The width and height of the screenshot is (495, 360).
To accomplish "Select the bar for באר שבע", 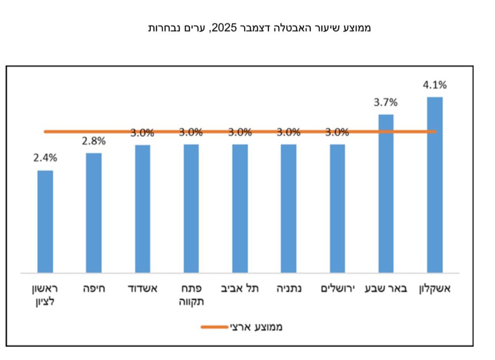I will coord(386,193).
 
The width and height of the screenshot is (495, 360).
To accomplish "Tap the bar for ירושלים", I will coord(337,208).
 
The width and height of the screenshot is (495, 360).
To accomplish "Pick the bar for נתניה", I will coord(289,208).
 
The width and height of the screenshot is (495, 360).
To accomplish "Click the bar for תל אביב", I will coord(240,208).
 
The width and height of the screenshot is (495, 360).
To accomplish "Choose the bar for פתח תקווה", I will coord(191,208).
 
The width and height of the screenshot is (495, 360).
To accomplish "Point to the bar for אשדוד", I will coord(143,208).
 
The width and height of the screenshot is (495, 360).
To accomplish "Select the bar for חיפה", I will coord(94,213).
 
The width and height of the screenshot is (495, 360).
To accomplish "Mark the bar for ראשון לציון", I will coord(45,221).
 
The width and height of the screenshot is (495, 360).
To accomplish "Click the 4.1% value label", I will coord(435,85).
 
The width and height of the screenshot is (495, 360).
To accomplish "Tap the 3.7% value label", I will coord(386,102).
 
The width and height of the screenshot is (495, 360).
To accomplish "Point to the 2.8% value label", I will coord(94,141).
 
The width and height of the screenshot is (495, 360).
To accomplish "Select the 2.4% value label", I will coord(45,158).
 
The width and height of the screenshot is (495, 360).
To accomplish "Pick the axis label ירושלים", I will coord(337,289).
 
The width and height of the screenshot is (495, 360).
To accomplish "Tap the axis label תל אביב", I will coord(240,289).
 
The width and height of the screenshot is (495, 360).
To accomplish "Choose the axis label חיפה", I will coord(94,289).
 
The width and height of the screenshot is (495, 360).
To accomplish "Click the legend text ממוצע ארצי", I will coord(256,327).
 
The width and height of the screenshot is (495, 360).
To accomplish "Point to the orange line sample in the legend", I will coord(214,327).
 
